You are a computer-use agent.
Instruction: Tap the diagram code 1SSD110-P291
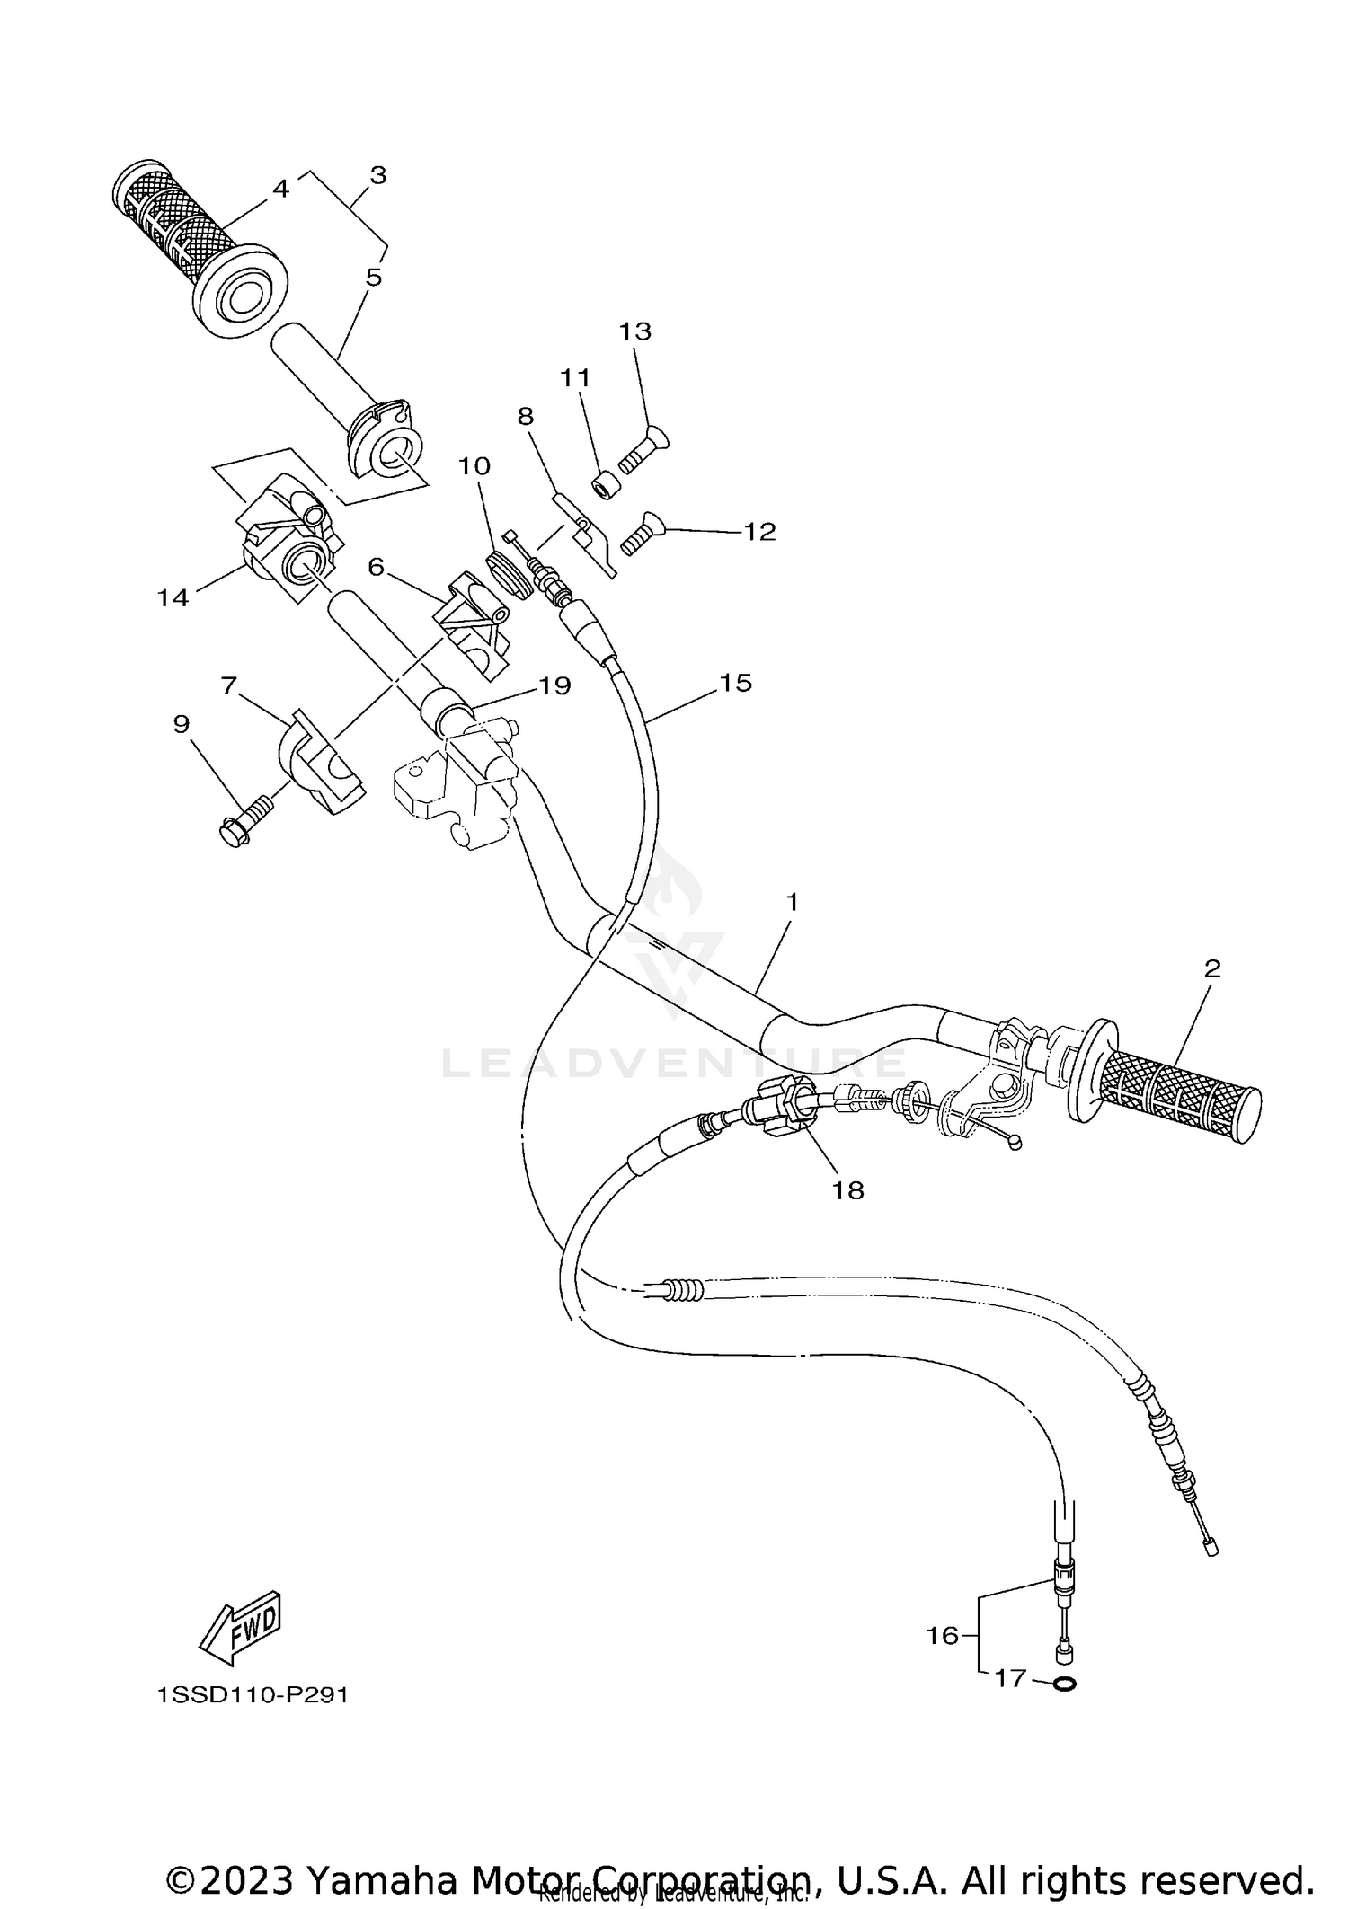click(252, 1695)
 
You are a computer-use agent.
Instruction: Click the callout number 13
click(634, 331)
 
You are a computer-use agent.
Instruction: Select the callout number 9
click(182, 724)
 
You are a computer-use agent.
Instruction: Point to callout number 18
click(848, 1190)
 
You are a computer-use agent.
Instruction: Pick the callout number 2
click(1211, 968)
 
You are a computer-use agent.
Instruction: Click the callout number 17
click(1010, 1677)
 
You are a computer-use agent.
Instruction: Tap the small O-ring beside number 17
click(1063, 1683)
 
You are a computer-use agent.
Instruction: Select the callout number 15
click(735, 683)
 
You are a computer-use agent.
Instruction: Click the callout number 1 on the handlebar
click(791, 902)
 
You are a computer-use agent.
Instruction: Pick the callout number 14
click(173, 597)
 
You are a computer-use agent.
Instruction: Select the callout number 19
click(554, 685)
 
